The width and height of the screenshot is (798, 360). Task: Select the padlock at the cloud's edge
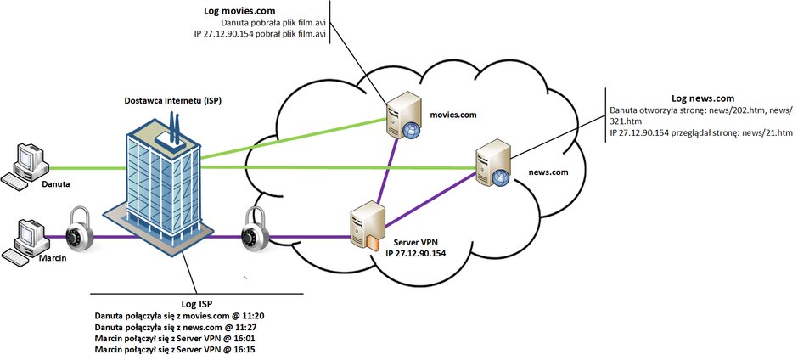point(256,229)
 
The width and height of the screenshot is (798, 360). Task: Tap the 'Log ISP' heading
point(196,305)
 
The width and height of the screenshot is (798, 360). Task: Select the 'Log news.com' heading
point(703,98)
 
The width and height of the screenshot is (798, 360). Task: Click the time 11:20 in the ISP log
point(254,316)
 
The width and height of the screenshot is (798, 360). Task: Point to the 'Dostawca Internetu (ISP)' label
point(173,101)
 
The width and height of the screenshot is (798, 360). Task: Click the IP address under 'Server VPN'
point(416,253)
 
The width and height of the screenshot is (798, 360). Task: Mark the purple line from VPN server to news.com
point(430,200)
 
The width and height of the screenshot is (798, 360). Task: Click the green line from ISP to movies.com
point(294,138)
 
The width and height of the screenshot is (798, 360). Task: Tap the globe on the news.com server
point(500,178)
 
